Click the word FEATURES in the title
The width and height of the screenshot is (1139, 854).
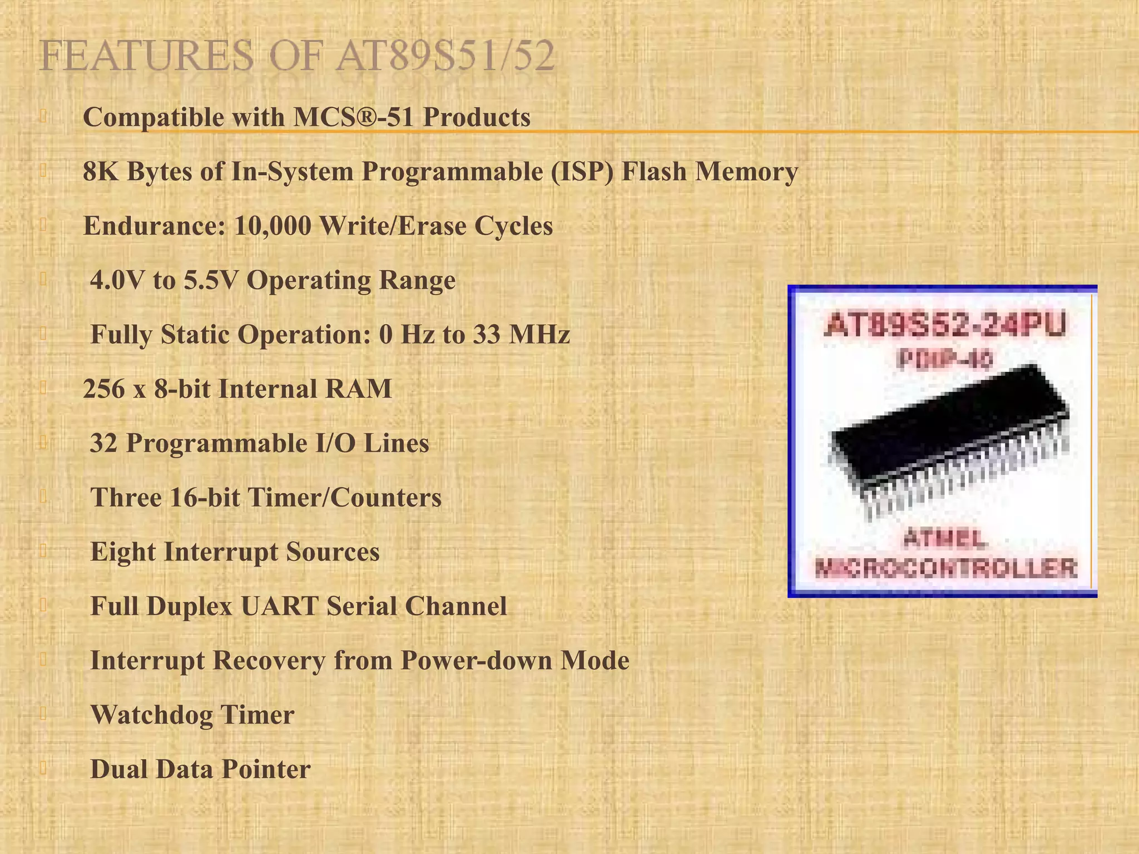point(146,56)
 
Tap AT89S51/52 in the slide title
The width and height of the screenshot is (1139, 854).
point(445,56)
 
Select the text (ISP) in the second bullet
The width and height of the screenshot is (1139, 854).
point(583,171)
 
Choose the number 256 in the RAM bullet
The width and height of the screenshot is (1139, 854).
point(104,389)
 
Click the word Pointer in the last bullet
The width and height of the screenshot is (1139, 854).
point(266,769)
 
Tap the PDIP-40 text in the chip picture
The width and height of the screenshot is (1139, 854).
point(944,360)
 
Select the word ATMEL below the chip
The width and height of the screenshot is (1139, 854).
point(945,538)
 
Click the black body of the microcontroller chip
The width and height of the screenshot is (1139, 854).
point(940,428)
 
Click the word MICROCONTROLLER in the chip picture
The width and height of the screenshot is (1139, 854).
point(945,568)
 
